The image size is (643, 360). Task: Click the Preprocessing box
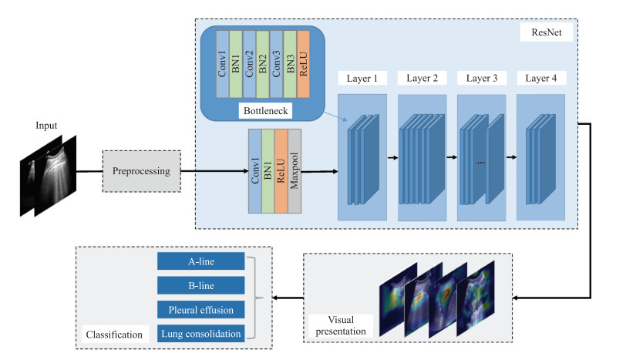pyautogui.click(x=142, y=171)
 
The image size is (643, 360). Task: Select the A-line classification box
pyautogui.click(x=200, y=261)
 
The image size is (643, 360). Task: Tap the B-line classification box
pyautogui.click(x=200, y=285)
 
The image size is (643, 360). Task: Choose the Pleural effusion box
pyautogui.click(x=200, y=309)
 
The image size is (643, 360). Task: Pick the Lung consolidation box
pyautogui.click(x=200, y=333)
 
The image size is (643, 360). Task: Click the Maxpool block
pyautogui.click(x=295, y=171)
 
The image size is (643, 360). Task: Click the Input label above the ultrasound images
pyautogui.click(x=47, y=126)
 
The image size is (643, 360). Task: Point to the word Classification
pyautogui.click(x=113, y=335)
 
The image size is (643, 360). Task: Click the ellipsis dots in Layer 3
pyautogui.click(x=481, y=162)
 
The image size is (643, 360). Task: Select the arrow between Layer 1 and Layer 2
pyautogui.click(x=392, y=158)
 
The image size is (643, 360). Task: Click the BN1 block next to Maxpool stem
pyautogui.click(x=268, y=171)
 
